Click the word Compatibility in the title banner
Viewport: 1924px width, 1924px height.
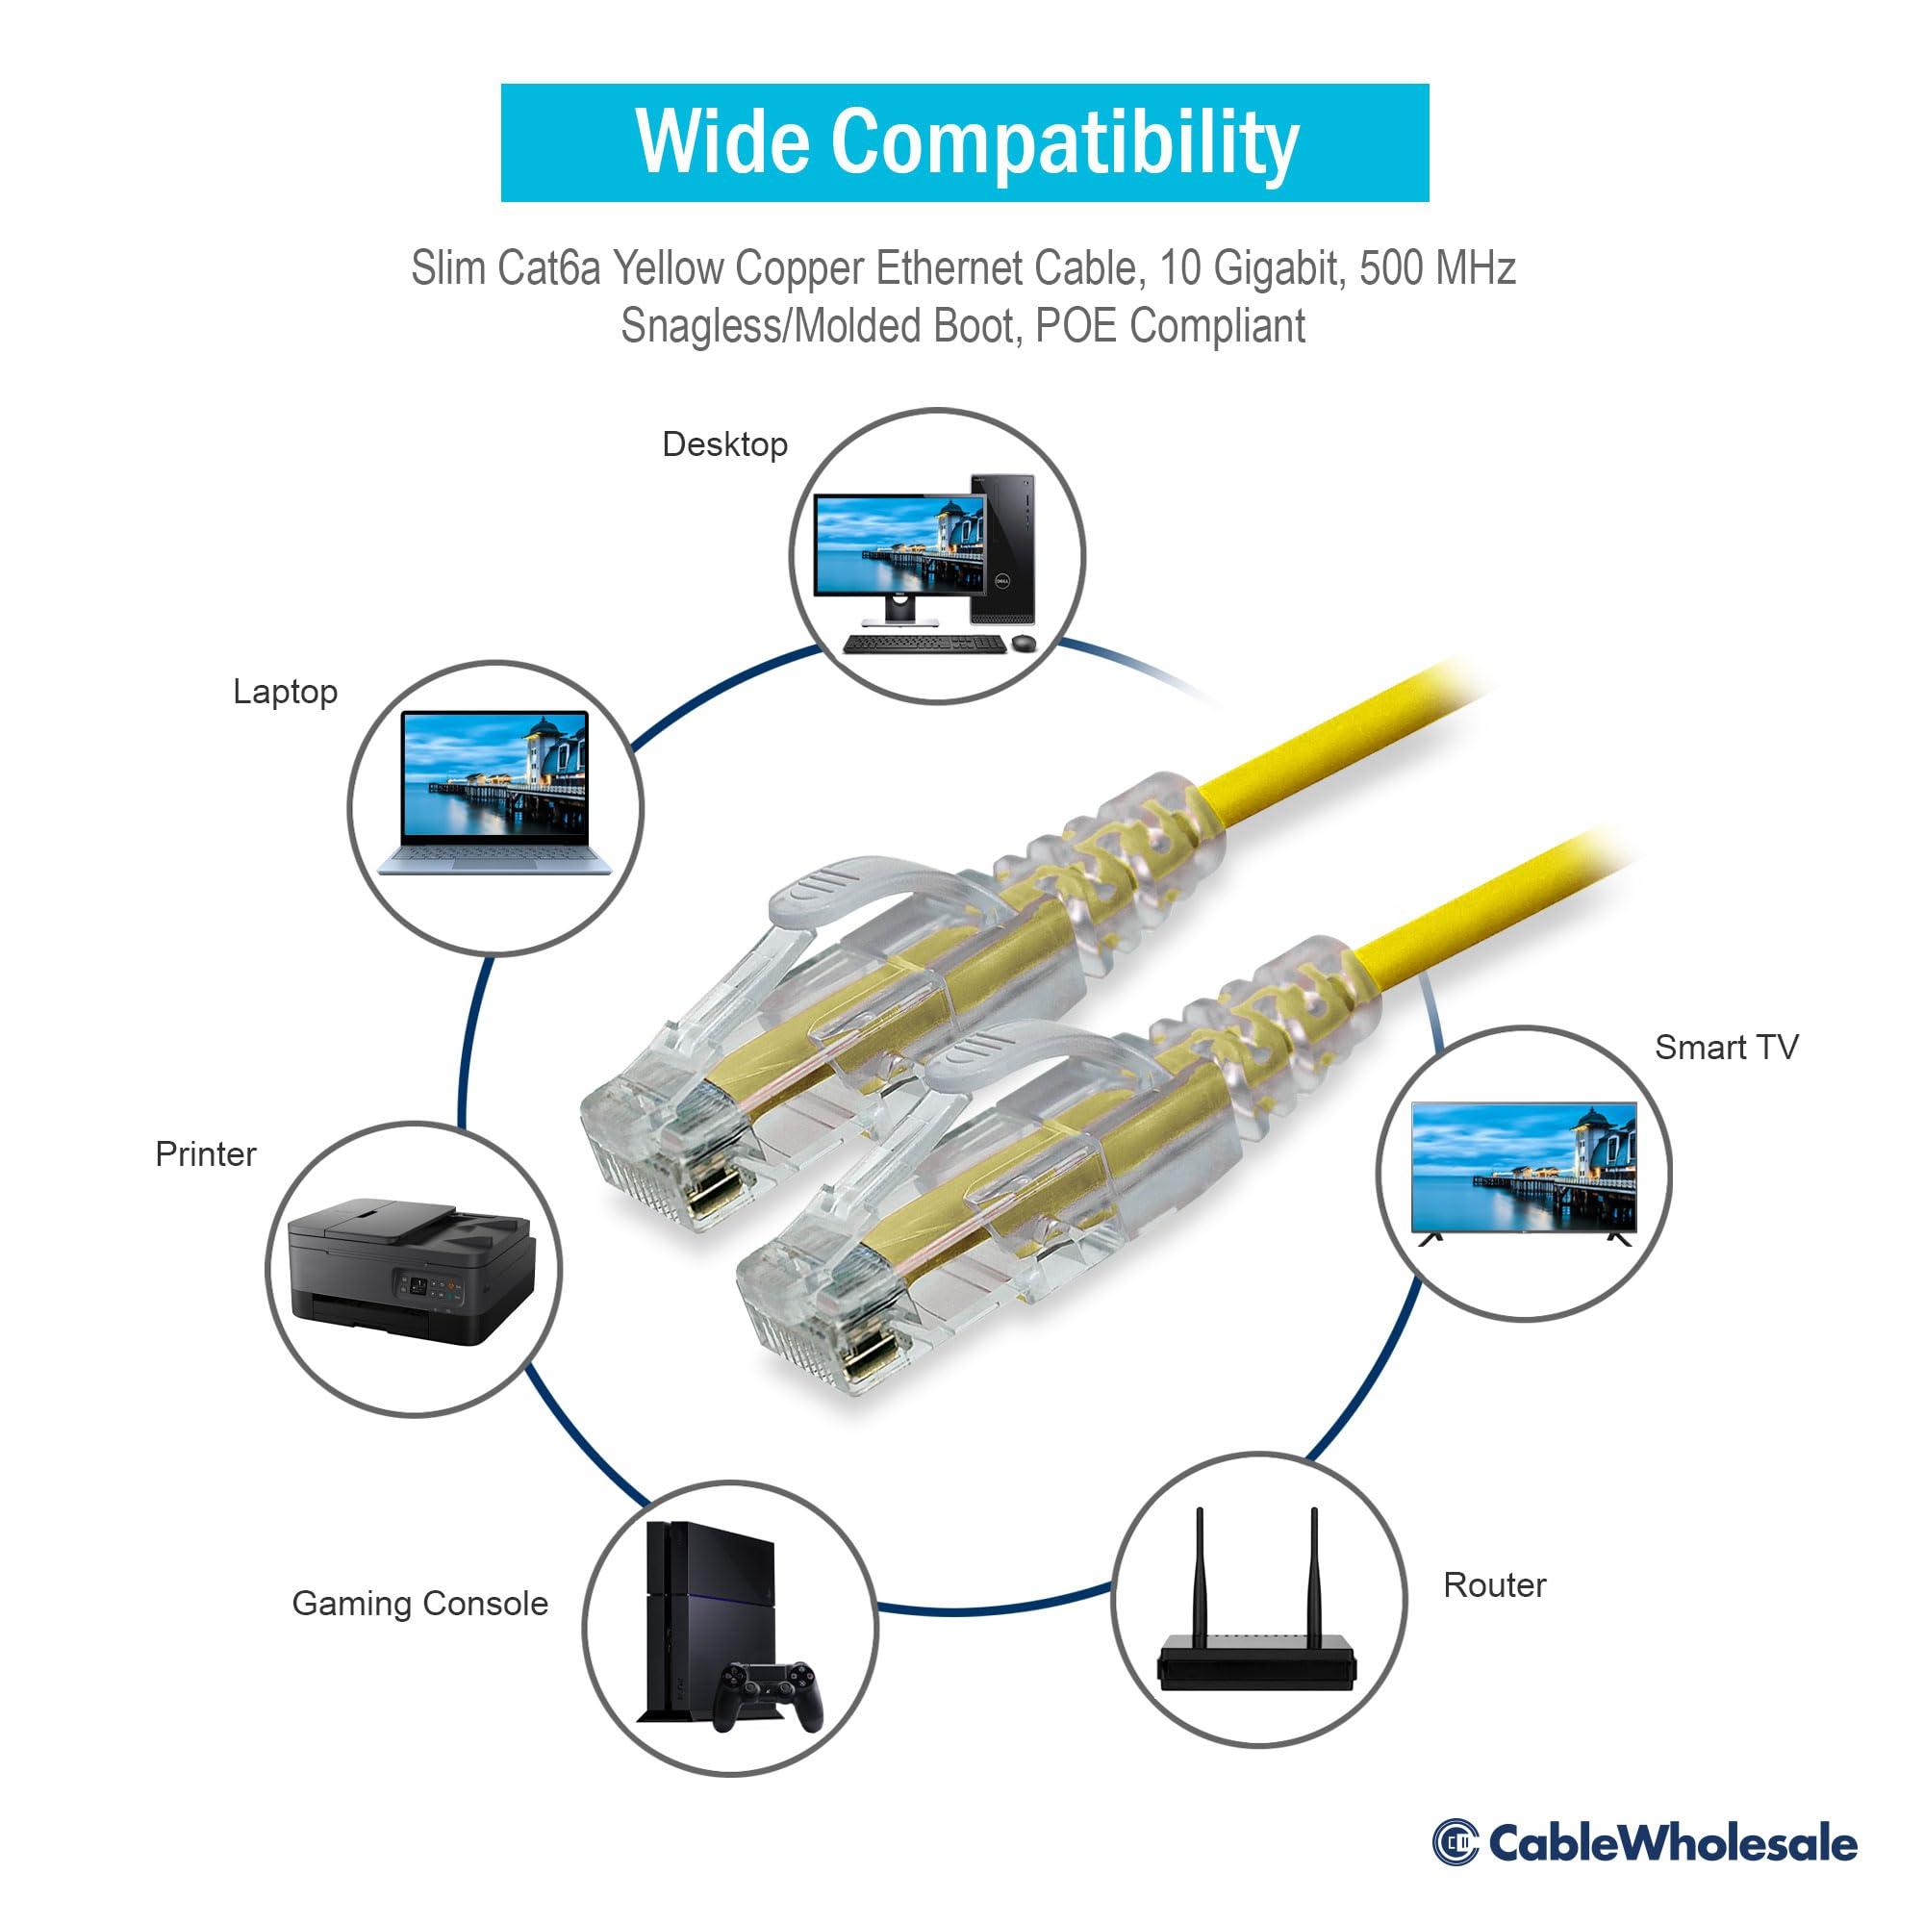click(x=1065, y=143)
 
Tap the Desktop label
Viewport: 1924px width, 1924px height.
click(x=725, y=444)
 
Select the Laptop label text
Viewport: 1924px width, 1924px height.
click(x=285, y=691)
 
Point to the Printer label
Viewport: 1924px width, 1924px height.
click(x=205, y=1154)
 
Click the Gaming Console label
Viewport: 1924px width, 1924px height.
click(x=419, y=1604)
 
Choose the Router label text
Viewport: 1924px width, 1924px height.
click(x=1494, y=1585)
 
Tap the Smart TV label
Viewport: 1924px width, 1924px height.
click(x=1726, y=1047)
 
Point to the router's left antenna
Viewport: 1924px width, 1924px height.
click(x=1200, y=1573)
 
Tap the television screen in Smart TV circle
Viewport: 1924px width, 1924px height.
click(x=1523, y=1166)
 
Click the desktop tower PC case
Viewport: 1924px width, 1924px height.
click(x=1002, y=548)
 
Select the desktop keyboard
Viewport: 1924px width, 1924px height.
click(x=924, y=644)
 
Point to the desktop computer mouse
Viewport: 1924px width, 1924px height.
click(x=1023, y=644)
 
